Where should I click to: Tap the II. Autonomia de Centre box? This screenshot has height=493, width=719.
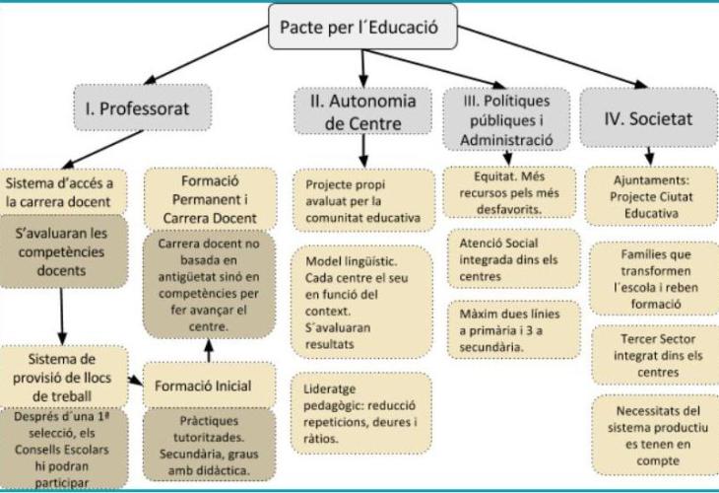(363, 110)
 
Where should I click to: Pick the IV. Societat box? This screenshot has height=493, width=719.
(646, 117)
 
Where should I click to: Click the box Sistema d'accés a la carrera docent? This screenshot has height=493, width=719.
(65, 192)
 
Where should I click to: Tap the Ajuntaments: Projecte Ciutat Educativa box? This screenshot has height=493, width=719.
(647, 192)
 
